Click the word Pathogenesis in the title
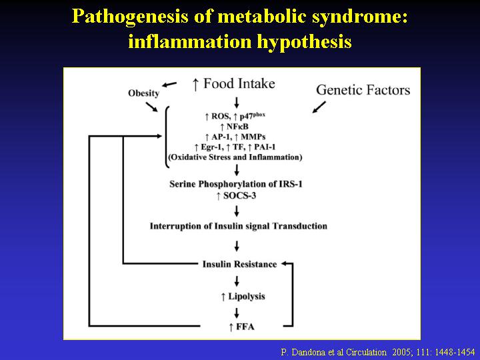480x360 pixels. pyautogui.click(x=130, y=17)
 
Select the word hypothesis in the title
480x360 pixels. pyautogui.click(x=304, y=41)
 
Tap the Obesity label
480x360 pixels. pyautogui.click(x=143, y=93)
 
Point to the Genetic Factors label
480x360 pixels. pyautogui.click(x=363, y=90)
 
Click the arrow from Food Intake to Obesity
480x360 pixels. pyautogui.click(x=169, y=84)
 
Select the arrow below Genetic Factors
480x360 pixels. pyautogui.click(x=319, y=107)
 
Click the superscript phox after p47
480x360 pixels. pyautogui.click(x=259, y=115)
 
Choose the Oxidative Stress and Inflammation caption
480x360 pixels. pyautogui.click(x=235, y=157)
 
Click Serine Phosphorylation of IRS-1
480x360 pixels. pyautogui.click(x=236, y=184)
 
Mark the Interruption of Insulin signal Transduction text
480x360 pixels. pyautogui.click(x=239, y=226)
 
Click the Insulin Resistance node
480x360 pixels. pyautogui.click(x=239, y=264)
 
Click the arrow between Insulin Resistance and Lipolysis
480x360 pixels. pyautogui.click(x=236, y=281)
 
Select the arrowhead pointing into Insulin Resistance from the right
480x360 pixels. pyautogui.click(x=285, y=263)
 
